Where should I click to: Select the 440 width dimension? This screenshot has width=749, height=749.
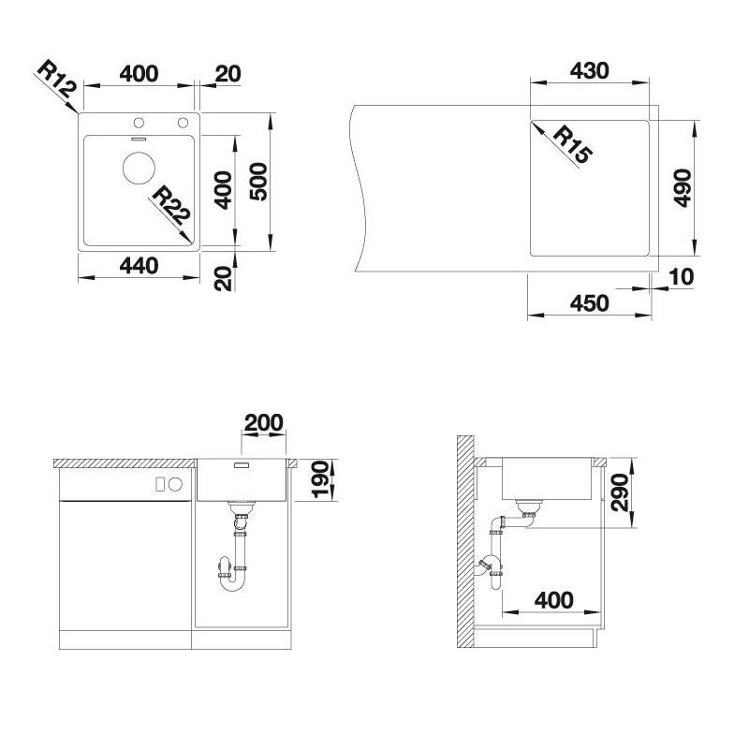[x=139, y=266]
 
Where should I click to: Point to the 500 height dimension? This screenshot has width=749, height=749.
[x=258, y=182]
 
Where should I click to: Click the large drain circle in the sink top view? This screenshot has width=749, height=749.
[x=139, y=168]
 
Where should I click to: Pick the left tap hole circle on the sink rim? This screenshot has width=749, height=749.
[x=139, y=123]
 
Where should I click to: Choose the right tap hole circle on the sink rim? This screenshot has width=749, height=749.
[x=183, y=123]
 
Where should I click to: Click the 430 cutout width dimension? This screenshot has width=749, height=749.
[x=590, y=71]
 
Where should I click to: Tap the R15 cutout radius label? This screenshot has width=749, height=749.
[x=573, y=144]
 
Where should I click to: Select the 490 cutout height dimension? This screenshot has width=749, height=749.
[x=683, y=188]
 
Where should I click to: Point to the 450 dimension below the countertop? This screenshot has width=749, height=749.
[x=590, y=303]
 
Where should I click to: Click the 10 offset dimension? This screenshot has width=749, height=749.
[x=682, y=276]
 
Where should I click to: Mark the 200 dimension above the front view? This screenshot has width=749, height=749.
[x=263, y=423]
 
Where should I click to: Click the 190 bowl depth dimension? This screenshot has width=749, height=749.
[x=320, y=479]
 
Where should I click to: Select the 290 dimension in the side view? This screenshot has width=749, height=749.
[x=620, y=492]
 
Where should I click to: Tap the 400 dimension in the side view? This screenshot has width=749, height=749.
[x=553, y=600]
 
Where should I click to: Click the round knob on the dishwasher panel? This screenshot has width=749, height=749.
[x=175, y=484]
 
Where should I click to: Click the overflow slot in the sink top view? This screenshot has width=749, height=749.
[x=139, y=139]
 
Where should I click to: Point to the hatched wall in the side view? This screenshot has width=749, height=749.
[x=464, y=542]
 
